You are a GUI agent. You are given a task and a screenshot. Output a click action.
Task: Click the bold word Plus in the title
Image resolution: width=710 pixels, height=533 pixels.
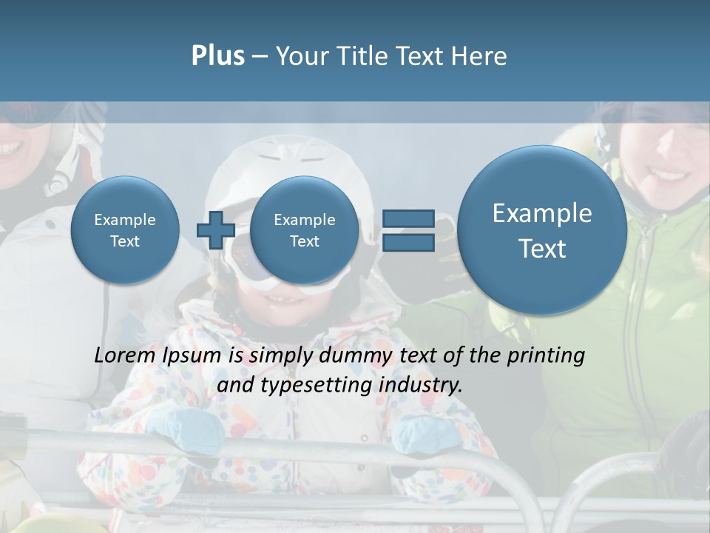tap(217, 56)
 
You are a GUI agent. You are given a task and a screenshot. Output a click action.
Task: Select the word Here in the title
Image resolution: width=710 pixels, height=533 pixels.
tap(479, 56)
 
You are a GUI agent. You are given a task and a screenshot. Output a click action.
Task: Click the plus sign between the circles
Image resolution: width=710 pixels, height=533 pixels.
tap(215, 230)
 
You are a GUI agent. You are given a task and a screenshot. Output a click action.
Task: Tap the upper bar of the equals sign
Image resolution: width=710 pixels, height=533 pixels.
tap(408, 218)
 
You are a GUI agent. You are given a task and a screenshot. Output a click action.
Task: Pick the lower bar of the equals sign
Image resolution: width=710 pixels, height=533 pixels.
tap(408, 242)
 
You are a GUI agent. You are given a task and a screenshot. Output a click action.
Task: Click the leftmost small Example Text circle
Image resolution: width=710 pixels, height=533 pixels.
tap(125, 230)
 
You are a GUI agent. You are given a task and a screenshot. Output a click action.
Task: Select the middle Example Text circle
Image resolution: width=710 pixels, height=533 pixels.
tap(304, 230)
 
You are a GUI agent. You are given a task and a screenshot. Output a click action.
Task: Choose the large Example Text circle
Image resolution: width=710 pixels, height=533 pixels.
tap(542, 230)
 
